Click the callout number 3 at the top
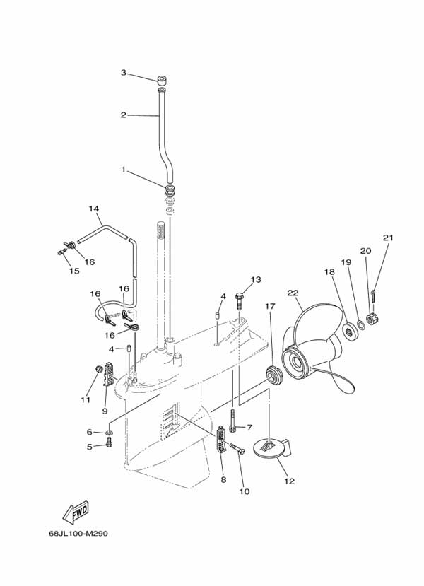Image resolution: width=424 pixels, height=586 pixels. (123, 73)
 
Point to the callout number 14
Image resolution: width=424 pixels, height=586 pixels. (94, 209)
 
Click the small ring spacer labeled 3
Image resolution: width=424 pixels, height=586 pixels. (162, 79)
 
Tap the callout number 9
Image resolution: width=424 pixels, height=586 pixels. (105, 411)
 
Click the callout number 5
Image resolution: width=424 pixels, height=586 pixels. (90, 446)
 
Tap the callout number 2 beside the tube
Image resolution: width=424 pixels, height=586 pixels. (123, 115)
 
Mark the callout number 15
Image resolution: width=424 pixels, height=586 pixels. (74, 270)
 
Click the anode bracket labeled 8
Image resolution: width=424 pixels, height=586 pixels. (220, 440)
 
